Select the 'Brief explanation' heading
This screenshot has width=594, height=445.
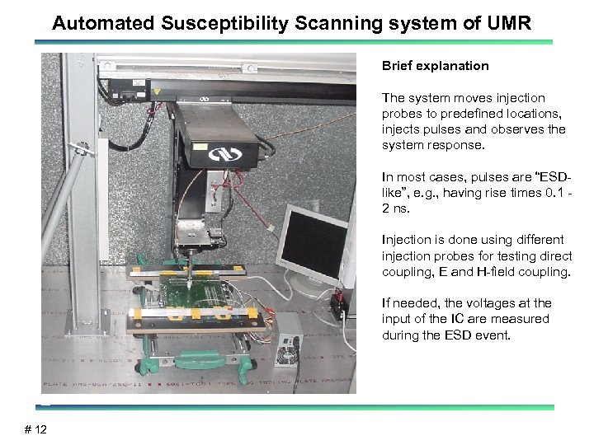tap(435, 66)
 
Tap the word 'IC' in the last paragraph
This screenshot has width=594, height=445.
tap(454, 319)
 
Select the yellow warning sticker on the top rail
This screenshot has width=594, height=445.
tap(200, 146)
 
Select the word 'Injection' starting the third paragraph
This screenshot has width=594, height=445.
tap(403, 239)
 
